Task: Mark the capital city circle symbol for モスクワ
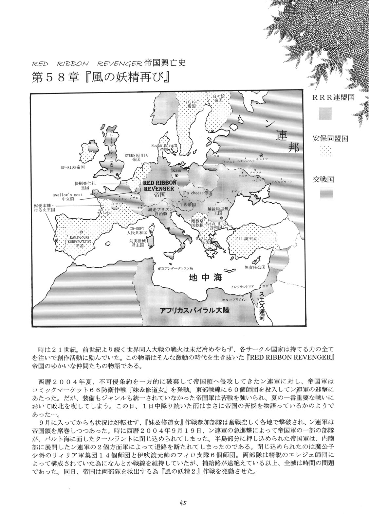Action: coord(261,155)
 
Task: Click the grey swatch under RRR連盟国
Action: coord(326,114)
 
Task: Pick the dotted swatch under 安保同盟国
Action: coord(326,152)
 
